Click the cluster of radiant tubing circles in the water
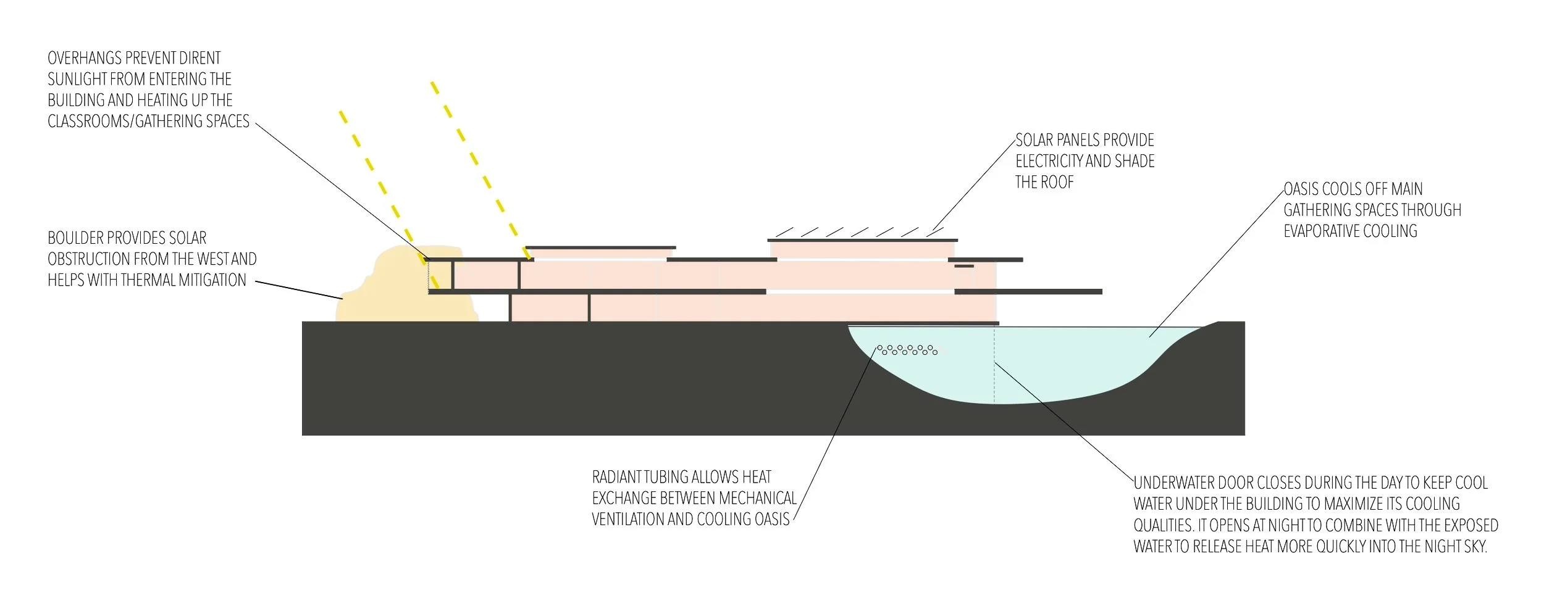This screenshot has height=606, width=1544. (908, 350)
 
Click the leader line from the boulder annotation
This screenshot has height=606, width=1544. (300, 290)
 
